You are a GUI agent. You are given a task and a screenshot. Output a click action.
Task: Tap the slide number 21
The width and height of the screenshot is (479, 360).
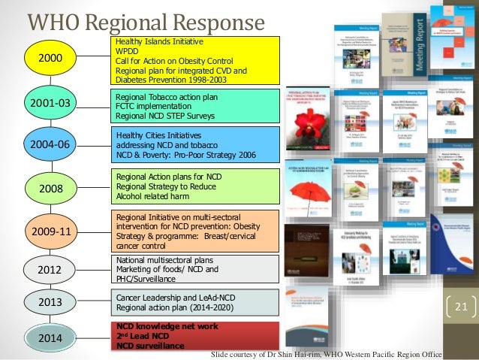coord(461,307)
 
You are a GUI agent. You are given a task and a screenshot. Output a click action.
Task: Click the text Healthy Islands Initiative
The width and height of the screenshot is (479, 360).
coord(157,43)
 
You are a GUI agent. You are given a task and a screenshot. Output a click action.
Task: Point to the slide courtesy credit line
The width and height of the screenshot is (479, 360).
coord(327,354)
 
